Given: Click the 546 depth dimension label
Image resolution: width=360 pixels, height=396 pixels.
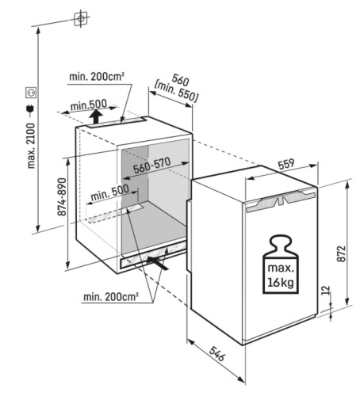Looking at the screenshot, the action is click(x=217, y=354).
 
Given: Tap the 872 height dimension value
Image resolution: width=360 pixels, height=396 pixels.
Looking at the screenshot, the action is click(x=341, y=253).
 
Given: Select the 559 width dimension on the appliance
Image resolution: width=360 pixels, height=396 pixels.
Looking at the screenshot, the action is click(x=286, y=164).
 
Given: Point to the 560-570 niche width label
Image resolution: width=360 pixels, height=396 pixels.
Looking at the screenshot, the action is click(x=151, y=165).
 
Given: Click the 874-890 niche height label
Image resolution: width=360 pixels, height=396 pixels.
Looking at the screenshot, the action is click(x=62, y=196).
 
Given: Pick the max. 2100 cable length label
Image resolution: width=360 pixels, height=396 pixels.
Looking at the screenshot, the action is click(x=31, y=146).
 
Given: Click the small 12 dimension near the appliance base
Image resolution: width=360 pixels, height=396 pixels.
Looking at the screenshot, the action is click(x=327, y=290).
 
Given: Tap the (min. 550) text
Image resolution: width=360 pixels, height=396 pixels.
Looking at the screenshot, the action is click(x=176, y=92).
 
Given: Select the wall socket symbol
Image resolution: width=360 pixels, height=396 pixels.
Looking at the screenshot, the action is click(x=31, y=93).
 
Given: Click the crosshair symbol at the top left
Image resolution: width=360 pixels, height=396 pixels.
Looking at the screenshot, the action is click(x=81, y=18).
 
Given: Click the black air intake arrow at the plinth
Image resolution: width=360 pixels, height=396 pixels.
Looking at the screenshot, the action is click(x=158, y=262).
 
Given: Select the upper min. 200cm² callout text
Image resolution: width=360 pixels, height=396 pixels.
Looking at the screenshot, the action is click(x=97, y=77).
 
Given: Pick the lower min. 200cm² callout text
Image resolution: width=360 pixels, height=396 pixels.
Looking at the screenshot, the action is click(x=111, y=297).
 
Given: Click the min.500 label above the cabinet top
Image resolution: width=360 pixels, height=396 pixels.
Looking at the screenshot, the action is click(x=89, y=105).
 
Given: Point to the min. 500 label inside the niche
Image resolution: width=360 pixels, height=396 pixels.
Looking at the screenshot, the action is click(x=109, y=192).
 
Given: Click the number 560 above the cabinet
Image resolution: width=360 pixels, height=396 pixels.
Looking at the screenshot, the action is click(x=180, y=80).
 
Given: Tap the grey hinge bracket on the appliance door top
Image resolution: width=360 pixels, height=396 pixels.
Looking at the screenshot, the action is click(x=281, y=201).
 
